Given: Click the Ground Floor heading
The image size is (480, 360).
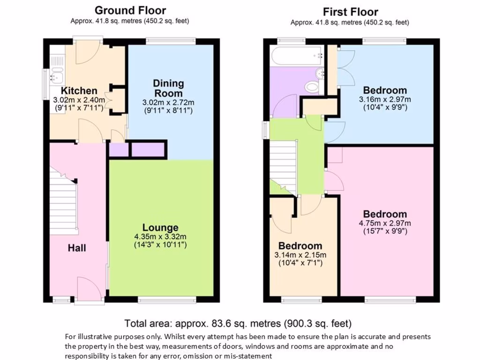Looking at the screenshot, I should [130, 10].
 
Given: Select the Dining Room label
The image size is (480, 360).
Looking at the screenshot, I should [168, 88].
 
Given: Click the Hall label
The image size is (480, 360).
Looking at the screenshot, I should [76, 247].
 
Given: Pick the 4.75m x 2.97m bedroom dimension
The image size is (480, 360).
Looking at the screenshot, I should [384, 223].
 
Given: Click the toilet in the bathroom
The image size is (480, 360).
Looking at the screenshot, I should [312, 87].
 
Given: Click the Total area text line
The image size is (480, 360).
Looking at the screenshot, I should [238, 323].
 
